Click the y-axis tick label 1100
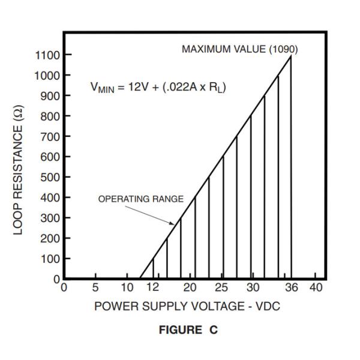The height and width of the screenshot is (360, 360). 46,55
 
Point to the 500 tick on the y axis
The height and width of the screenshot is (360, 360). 49,178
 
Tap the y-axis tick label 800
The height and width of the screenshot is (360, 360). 49,116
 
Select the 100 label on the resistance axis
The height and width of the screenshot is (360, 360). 49,259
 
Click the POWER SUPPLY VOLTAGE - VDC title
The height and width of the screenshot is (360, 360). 187,306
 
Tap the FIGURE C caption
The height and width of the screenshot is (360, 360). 188,331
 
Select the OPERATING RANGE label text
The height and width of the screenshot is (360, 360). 141,199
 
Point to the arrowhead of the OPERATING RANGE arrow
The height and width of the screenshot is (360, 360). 174,223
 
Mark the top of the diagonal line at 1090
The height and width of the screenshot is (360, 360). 292,56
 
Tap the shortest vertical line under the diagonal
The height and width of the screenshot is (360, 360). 154,269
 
